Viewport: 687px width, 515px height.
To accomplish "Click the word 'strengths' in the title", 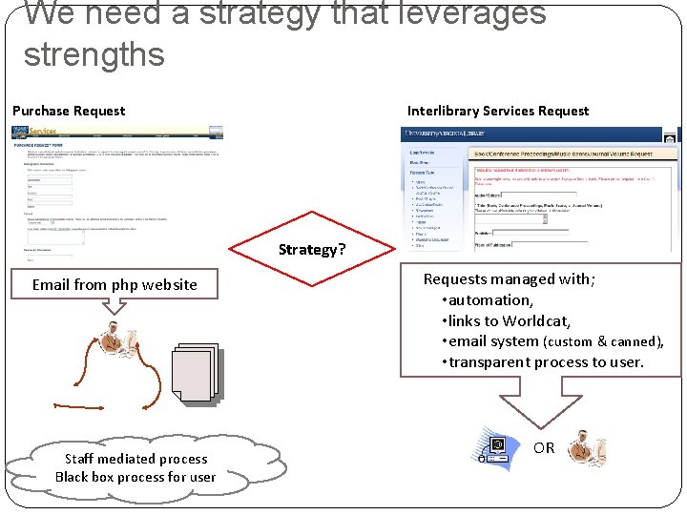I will coord(94,53).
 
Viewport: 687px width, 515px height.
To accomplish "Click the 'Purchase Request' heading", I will coord(69,111).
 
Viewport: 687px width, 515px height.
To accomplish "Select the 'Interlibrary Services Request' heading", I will coord(498,111).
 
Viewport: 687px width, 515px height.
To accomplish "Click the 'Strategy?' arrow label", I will coord(311,250).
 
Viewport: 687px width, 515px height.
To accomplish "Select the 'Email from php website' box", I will coord(114,284).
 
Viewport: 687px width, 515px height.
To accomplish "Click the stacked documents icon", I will coord(195,372).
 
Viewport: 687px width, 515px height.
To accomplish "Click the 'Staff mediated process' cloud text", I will coord(135,459).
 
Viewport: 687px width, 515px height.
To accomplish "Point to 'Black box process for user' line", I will coord(135,477).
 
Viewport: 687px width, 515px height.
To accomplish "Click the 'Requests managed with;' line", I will coord(510,279).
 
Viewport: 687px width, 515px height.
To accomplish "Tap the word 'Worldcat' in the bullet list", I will coord(536,320).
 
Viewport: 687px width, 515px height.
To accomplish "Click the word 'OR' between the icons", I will coord(544,447).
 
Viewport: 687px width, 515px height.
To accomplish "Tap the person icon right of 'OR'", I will coord(586,448).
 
